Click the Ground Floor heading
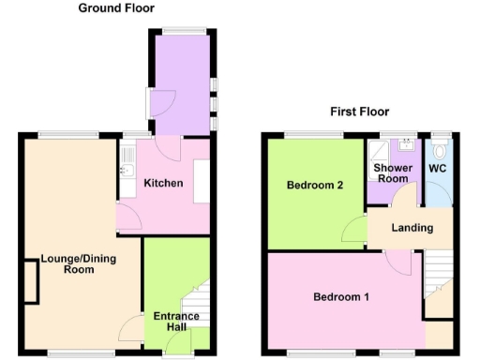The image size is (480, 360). click(116, 8)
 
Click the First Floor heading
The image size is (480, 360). click(357, 112)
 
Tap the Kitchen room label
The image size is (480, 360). click(162, 183)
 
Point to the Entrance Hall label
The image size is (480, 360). click(176, 322)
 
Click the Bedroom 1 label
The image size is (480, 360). click(340, 297)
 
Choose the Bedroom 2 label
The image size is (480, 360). click(313, 185)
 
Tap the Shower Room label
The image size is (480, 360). click(392, 173)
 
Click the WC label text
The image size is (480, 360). click(437, 169)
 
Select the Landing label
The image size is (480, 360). click(412, 228)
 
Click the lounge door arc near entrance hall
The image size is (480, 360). click(129, 327)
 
